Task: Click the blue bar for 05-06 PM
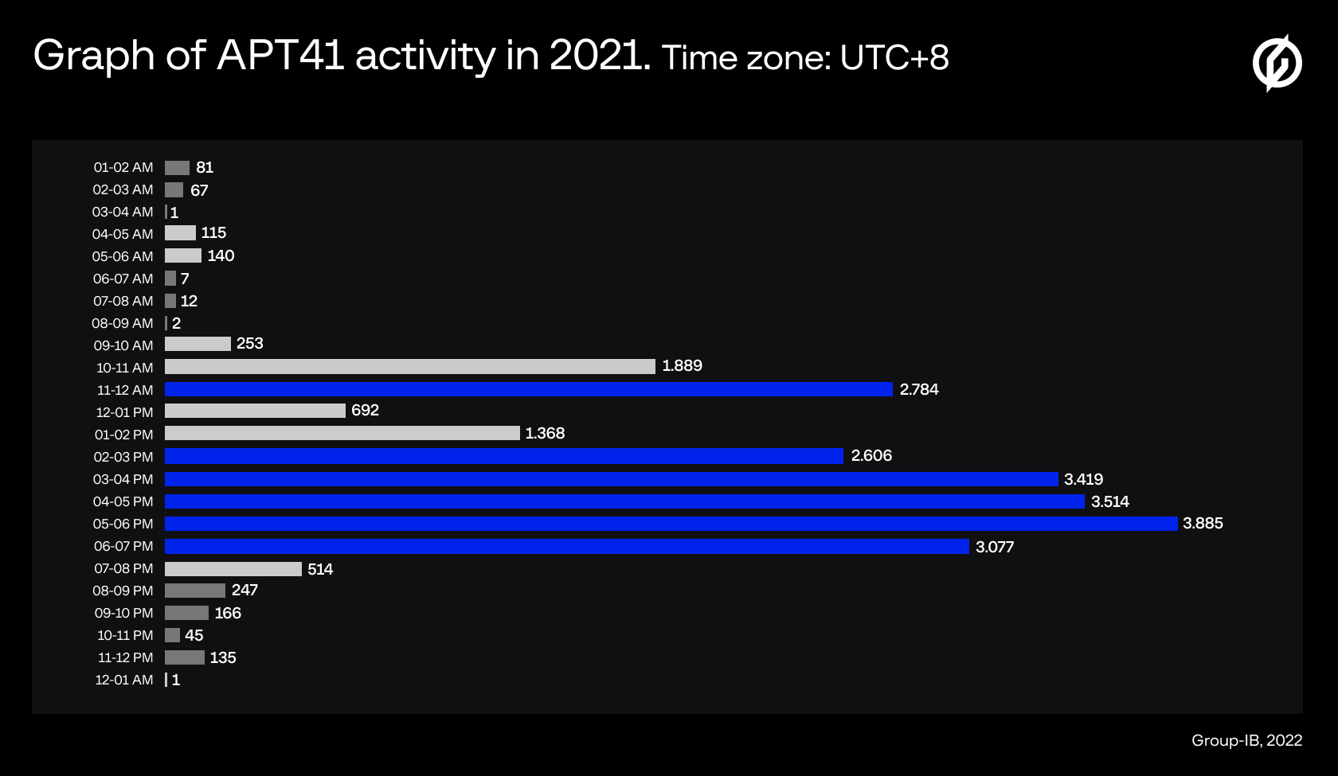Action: click(x=671, y=524)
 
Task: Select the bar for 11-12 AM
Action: click(x=529, y=389)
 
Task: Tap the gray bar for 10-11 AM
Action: click(x=410, y=366)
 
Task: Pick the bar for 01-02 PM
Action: click(x=342, y=433)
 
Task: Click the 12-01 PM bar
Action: click(x=255, y=411)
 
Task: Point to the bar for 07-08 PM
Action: click(x=233, y=569)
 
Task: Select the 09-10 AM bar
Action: click(x=198, y=344)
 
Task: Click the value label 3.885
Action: click(x=1203, y=524)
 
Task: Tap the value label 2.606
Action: click(x=871, y=456)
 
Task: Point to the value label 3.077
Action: click(x=995, y=547)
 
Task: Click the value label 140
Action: click(x=221, y=255)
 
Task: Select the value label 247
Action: click(x=245, y=591)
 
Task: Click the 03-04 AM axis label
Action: click(x=123, y=212)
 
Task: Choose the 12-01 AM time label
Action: click(x=124, y=680)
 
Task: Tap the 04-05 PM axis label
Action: click(x=123, y=501)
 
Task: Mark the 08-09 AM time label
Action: click(x=123, y=323)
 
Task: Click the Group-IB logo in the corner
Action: click(x=1277, y=63)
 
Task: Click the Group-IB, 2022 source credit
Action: click(x=1246, y=740)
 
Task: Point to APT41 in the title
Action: click(x=280, y=56)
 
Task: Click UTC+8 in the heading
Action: click(x=894, y=57)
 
